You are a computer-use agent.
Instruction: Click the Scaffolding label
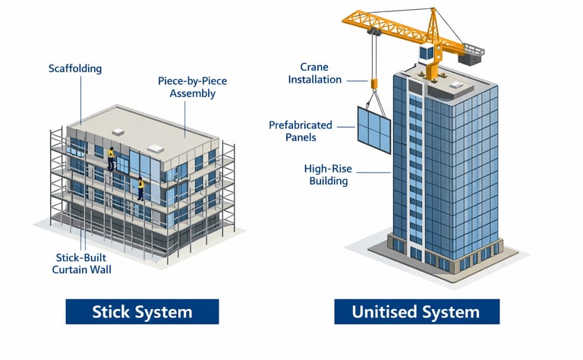[x=74, y=68]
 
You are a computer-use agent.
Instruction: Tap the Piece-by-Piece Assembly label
[x=187, y=87]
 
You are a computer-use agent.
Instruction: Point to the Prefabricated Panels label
[x=302, y=131]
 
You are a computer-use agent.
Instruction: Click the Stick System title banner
[x=142, y=311]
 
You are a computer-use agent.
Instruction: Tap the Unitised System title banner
[x=416, y=311]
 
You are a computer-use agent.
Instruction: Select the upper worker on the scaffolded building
[x=112, y=157]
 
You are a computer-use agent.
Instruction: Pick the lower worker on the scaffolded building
[x=140, y=188]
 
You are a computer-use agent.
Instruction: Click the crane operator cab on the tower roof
[x=426, y=52]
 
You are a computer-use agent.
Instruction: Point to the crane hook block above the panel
[x=373, y=82]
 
